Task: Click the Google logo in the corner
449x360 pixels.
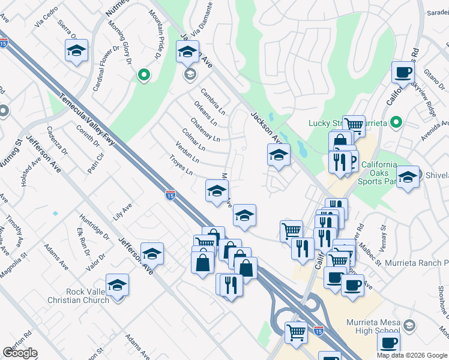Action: pos(20,353)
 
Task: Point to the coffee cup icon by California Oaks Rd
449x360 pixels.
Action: pos(403,73)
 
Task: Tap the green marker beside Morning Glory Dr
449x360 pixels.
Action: pos(143,75)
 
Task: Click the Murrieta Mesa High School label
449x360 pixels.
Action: pos(373,326)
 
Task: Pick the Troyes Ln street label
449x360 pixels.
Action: pos(181,165)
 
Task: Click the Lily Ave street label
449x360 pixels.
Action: pos(122,211)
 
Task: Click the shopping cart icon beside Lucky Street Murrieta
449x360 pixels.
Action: pos(354,125)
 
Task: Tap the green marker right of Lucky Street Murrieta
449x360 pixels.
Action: pos(396,123)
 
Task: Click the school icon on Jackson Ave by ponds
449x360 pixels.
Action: pos(279,155)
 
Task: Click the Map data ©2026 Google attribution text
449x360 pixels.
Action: pos(412,355)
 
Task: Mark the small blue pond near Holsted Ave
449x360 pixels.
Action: pos(55,213)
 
